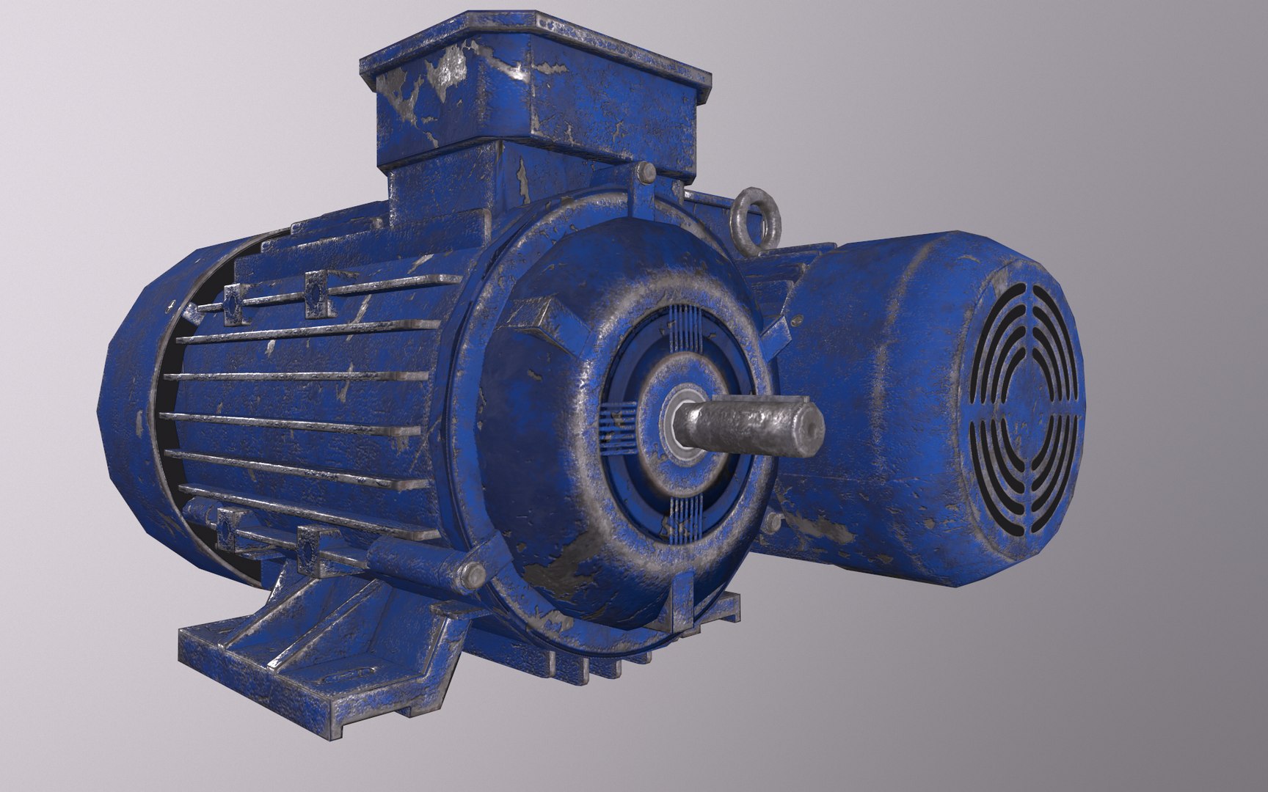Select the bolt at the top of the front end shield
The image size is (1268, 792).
pos(646,173)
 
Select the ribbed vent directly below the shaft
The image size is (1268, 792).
pos(680,516)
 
